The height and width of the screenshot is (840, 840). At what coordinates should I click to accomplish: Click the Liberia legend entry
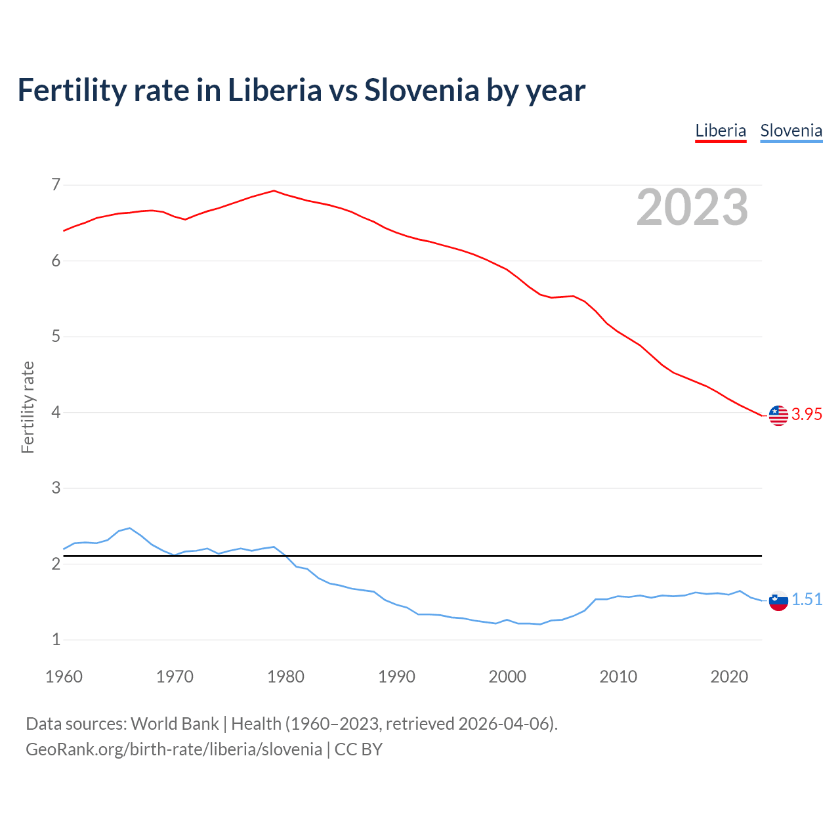point(721,131)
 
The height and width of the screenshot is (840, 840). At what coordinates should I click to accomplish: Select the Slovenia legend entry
point(791,131)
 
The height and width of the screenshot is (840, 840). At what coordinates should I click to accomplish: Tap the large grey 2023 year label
point(692,207)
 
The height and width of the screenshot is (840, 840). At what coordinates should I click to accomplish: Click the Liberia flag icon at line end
point(778,415)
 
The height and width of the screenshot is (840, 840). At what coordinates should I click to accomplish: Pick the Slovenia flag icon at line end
point(778,600)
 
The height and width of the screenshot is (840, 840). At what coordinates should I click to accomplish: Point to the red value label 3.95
point(807,415)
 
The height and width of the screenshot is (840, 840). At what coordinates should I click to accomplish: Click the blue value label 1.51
point(807,600)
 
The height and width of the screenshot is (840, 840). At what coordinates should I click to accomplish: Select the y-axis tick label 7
point(56,185)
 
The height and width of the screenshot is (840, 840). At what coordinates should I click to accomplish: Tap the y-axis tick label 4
point(56,413)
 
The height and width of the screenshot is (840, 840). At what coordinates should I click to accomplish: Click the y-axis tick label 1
point(56,640)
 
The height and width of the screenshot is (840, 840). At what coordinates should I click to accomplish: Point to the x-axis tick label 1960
point(64,677)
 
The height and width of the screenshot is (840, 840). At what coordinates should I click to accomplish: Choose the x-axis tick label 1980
point(285,677)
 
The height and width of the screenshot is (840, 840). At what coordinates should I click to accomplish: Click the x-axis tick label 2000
point(507,677)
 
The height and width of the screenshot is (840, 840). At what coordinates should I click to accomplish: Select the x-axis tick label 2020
point(729,677)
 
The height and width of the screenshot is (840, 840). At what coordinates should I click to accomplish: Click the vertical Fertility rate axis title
point(28,407)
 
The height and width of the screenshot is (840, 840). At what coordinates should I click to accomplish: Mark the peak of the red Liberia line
point(274,191)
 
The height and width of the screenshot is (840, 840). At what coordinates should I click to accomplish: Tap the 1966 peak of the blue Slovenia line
point(130,528)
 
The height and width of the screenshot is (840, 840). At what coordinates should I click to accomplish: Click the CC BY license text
point(358,749)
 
